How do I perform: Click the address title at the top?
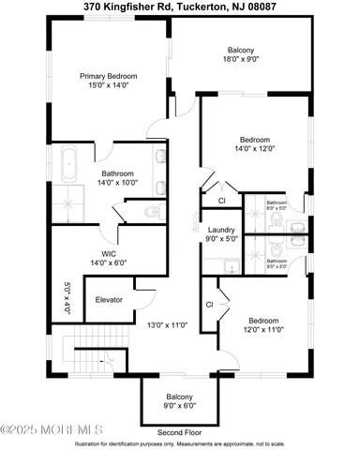click(180, 7)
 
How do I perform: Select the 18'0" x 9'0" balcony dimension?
click(240, 60)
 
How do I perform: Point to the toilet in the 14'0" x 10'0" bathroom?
click(154, 213)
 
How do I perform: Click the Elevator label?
click(110, 300)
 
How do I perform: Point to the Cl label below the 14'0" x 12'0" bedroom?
click(222, 201)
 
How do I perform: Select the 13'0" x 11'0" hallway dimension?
click(167, 325)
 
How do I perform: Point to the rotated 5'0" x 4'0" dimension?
click(67, 298)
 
